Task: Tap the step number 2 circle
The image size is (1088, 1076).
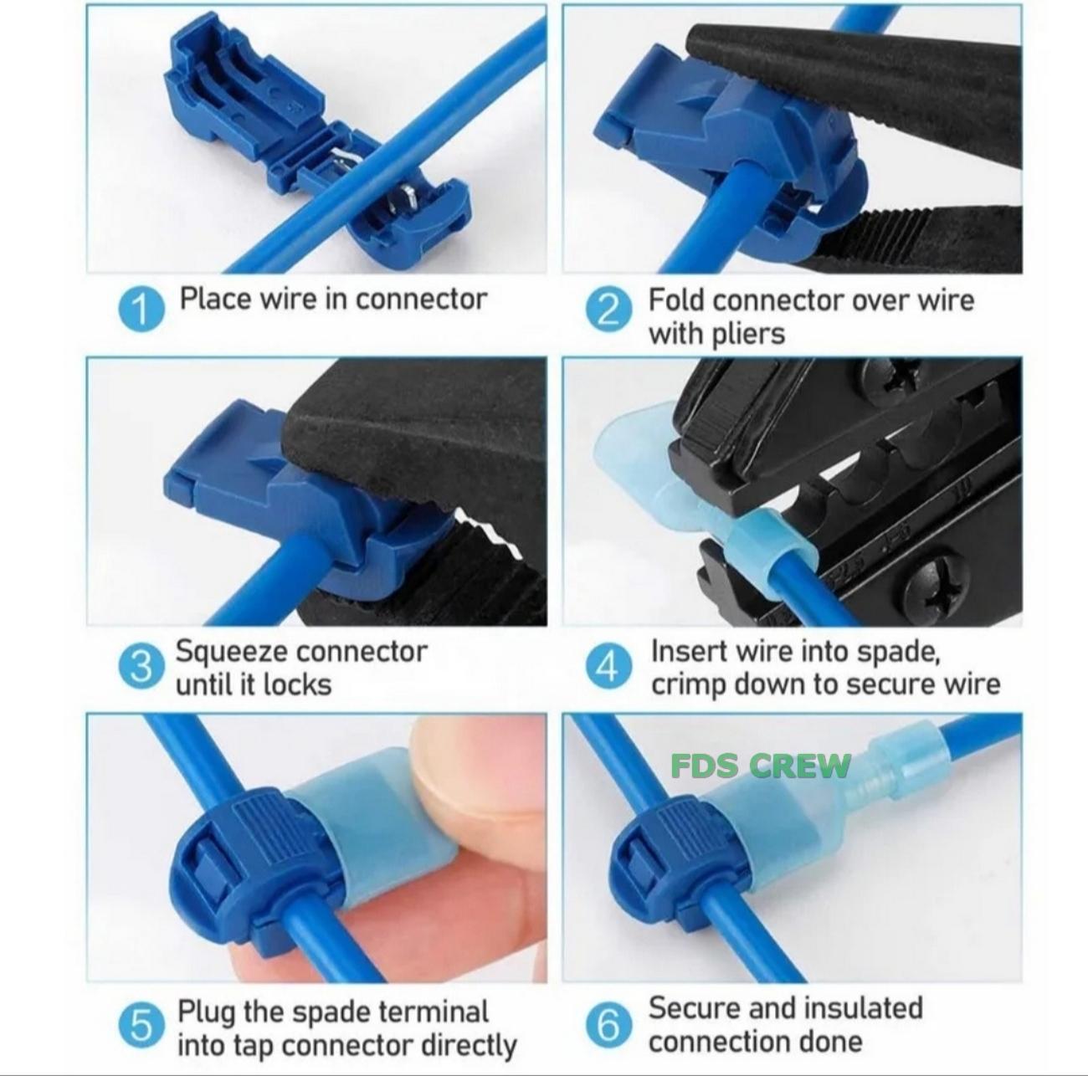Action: (x=608, y=310)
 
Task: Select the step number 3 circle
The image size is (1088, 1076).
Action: (x=141, y=667)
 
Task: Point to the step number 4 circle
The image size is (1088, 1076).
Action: (x=608, y=667)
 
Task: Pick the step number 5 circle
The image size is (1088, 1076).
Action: (x=141, y=1023)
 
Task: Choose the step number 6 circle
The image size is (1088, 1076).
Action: (x=608, y=1023)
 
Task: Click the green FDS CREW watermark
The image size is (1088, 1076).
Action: (x=761, y=765)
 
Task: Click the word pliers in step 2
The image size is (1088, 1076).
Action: (x=748, y=334)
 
